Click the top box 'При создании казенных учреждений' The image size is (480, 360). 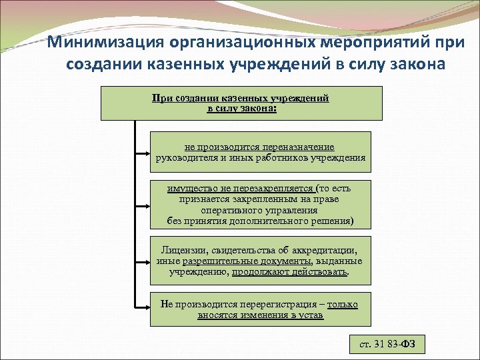click(241, 103)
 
